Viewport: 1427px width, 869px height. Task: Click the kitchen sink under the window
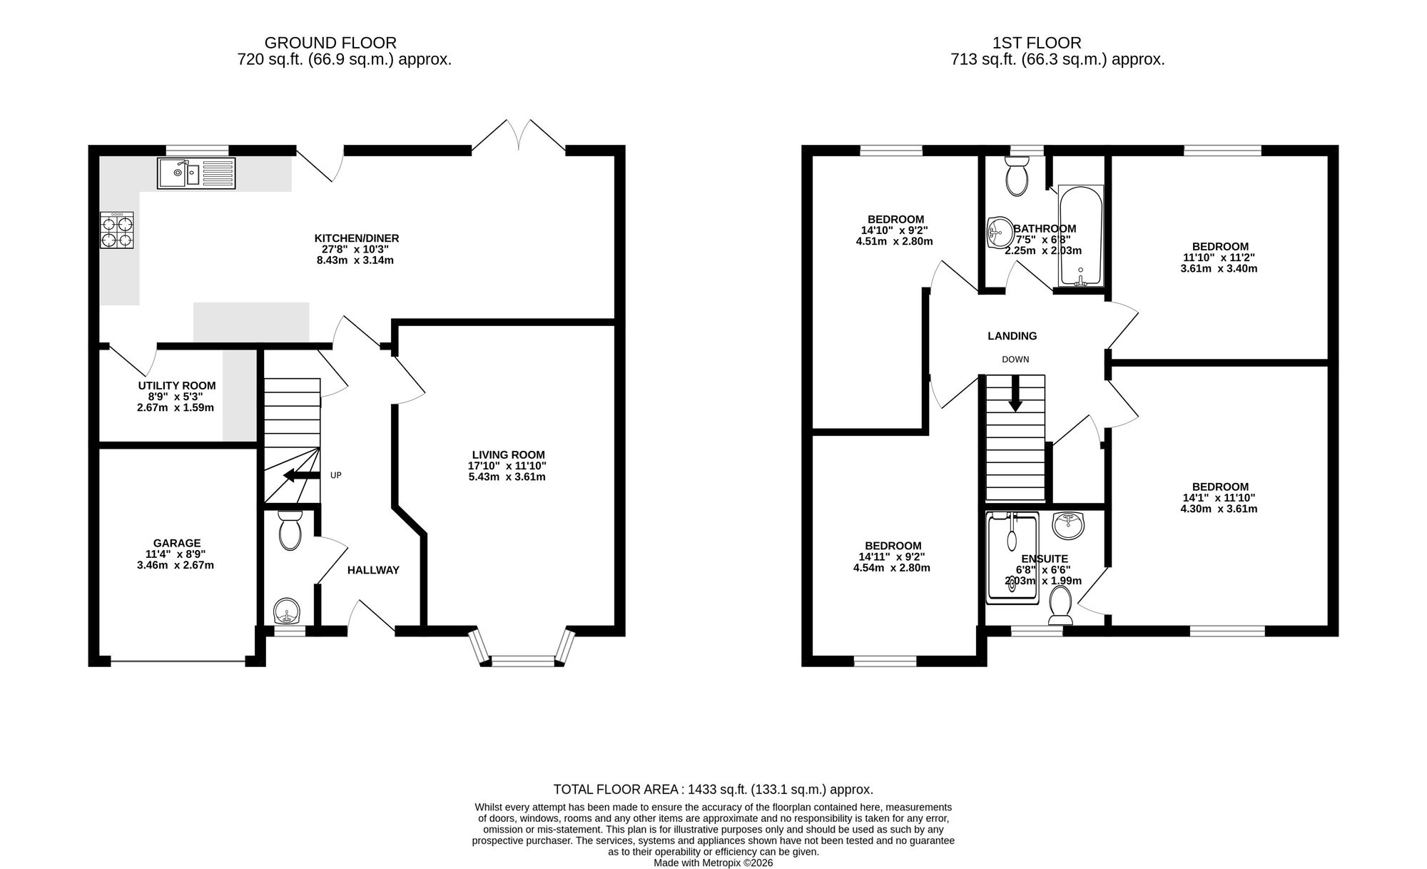[x=196, y=173]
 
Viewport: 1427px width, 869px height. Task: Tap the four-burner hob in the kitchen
[x=116, y=230]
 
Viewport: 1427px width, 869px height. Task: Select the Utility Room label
[x=176, y=385]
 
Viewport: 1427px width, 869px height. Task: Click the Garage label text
[x=176, y=543]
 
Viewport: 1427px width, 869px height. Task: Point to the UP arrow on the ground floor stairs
[x=301, y=476]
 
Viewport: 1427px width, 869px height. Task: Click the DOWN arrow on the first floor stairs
[x=1015, y=394]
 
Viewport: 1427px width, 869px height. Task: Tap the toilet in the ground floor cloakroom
[x=290, y=530]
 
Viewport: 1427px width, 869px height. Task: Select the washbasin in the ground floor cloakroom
[x=288, y=611]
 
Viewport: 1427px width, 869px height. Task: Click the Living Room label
[x=508, y=454]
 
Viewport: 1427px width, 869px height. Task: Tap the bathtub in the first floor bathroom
[x=1081, y=236]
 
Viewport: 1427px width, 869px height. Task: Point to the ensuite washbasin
[x=1068, y=527]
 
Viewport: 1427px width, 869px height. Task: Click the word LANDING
[x=1012, y=336]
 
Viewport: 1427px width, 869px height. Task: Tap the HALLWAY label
[x=373, y=570]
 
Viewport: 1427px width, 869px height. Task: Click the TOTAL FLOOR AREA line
[x=713, y=789]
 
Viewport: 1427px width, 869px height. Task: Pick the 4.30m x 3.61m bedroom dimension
[x=1219, y=509]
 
